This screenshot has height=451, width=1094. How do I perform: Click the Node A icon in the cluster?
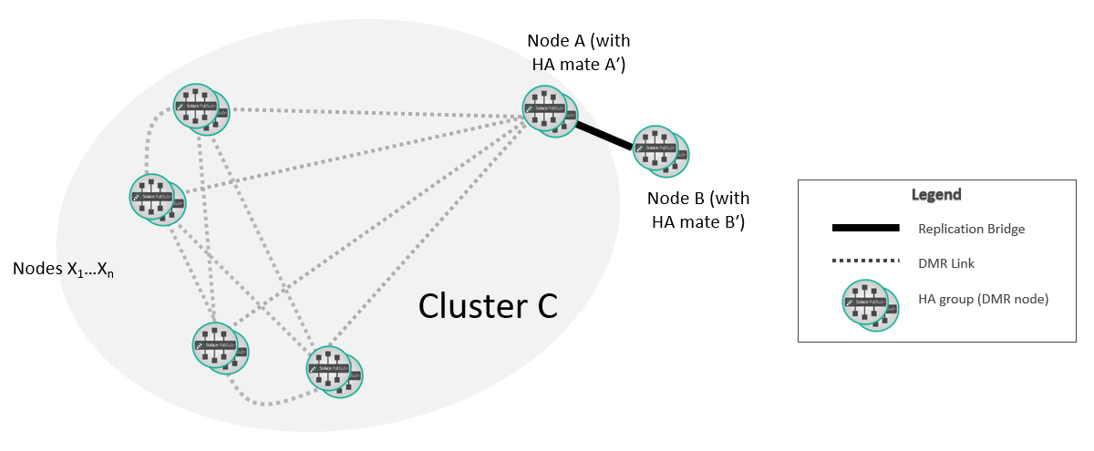(550, 111)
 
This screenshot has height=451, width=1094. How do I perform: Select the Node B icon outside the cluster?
(660, 150)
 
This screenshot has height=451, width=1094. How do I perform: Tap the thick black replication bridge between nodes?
(604, 136)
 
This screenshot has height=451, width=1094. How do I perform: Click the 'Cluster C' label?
(488, 306)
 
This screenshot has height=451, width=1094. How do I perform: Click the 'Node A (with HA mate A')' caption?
(579, 53)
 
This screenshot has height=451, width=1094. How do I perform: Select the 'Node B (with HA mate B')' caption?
(697, 210)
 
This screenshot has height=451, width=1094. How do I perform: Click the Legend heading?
(936, 195)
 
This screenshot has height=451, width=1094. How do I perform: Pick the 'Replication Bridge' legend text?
(971, 229)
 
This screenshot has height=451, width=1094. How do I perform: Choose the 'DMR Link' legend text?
(944, 263)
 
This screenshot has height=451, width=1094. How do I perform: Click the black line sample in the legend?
(865, 228)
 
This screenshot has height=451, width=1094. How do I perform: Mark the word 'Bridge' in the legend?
(1006, 229)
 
